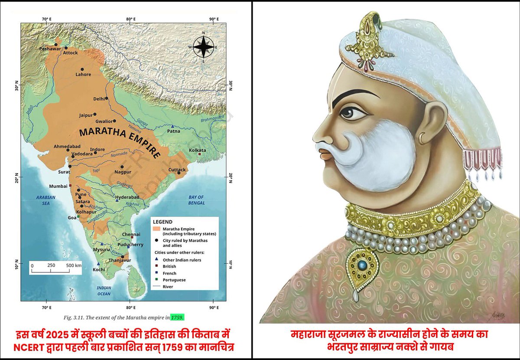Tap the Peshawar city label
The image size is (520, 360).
pos(50,49)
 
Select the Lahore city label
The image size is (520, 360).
pos(83,74)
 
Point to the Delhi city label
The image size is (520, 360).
pos(99,99)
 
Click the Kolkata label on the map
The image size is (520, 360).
pos(198,150)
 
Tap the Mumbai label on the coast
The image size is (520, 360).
pos(58,186)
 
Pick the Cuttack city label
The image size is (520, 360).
pos(177,170)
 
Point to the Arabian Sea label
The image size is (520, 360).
pos(43,200)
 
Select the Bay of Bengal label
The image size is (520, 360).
pos(196,200)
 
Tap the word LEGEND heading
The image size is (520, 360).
pos(162,222)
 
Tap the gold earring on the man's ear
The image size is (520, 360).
pos(423,138)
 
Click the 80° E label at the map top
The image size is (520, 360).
pos(130,19)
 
